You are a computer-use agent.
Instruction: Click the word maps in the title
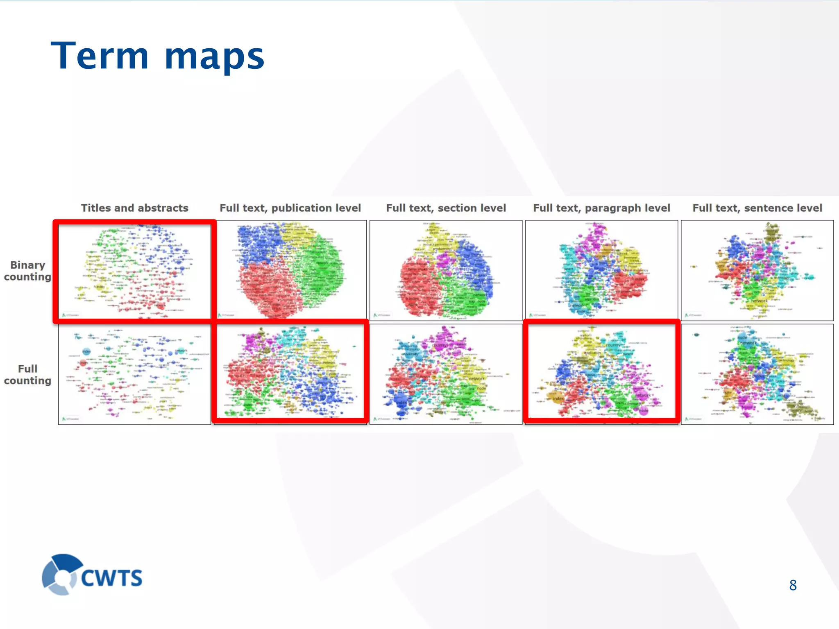(214, 57)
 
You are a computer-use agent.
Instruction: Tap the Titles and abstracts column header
(134, 208)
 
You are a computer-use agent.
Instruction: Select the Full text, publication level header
(290, 208)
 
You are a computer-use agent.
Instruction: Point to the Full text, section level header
(446, 208)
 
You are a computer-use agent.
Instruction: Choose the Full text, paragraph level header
(601, 208)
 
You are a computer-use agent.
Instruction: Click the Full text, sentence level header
(757, 208)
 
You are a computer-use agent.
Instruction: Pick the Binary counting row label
(27, 271)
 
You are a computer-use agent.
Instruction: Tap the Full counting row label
(27, 375)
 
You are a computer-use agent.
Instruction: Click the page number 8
(793, 585)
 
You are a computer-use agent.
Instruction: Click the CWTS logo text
(111, 578)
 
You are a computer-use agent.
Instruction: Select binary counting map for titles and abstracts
(134, 271)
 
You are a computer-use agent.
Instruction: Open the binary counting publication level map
(290, 270)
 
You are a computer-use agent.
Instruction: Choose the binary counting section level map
(446, 270)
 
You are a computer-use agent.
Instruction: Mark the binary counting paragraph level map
(601, 270)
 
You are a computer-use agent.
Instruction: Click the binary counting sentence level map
(757, 270)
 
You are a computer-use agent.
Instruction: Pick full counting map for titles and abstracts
(134, 374)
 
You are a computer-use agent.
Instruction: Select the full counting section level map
(446, 374)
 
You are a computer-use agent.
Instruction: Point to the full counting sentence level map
(757, 374)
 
